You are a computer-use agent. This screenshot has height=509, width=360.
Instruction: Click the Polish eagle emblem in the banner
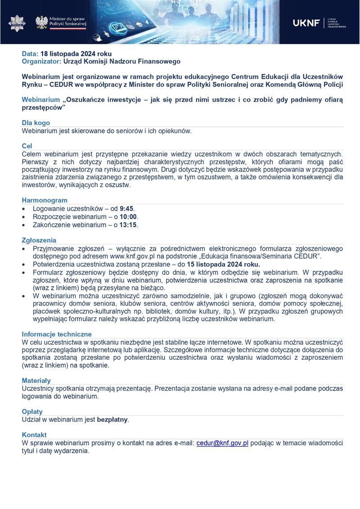(x=42, y=22)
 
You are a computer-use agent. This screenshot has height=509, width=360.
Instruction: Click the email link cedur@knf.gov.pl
(x=222, y=443)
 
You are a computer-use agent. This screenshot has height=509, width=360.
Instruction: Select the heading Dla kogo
(x=36, y=123)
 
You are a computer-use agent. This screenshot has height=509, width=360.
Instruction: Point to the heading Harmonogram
(x=45, y=200)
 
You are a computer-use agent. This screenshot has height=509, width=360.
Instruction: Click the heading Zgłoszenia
(x=39, y=240)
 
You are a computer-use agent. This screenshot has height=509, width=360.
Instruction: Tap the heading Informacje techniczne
(x=57, y=334)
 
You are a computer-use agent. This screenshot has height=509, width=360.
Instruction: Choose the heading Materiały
(x=36, y=381)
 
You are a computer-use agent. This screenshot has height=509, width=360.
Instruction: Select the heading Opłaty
(x=32, y=412)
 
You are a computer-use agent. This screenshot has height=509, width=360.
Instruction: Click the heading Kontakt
(x=34, y=435)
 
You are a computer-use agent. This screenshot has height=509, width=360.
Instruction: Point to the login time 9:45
(x=126, y=209)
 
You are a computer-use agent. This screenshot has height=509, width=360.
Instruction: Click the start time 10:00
(x=128, y=217)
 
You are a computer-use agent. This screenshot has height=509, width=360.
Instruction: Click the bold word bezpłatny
(x=112, y=420)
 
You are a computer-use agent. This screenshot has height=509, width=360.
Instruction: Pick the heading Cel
(x=27, y=146)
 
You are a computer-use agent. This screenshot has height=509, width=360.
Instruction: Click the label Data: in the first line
(x=30, y=54)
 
